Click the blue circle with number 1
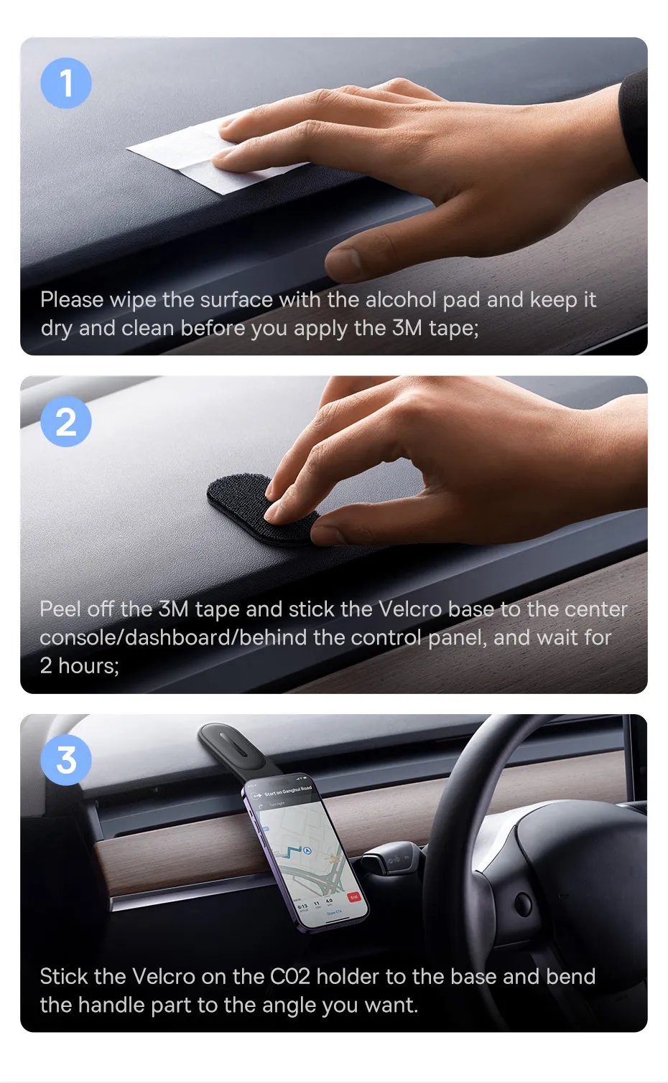[66, 83]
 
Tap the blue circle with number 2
[66, 421]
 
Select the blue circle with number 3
[66, 759]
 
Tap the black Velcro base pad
[261, 510]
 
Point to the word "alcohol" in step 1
[401, 300]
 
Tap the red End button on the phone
[354, 897]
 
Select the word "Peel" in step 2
[60, 609]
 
